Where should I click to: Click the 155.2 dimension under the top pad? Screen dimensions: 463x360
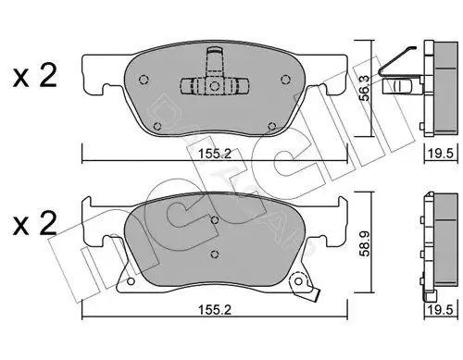tap(215, 154)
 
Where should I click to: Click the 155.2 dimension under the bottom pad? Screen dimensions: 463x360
tap(215, 310)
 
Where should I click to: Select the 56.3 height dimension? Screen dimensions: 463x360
tap(366, 88)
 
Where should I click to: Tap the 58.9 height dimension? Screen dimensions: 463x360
tap(366, 243)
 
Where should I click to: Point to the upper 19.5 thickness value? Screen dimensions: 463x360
tap(441, 154)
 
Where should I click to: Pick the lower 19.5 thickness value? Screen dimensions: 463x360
tap(441, 310)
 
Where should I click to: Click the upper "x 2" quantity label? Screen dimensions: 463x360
tap(35, 76)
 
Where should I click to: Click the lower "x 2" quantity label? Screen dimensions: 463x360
tap(35, 225)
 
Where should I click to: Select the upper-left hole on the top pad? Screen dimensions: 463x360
tap(144, 80)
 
